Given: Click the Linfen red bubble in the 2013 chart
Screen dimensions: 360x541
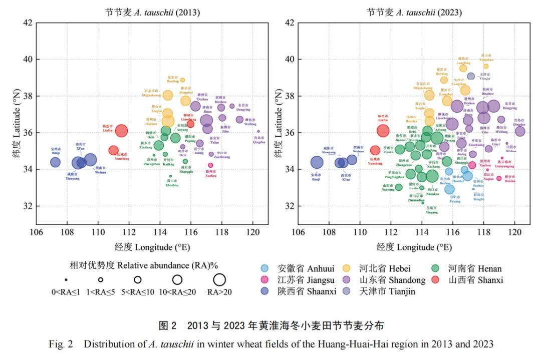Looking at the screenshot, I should click(x=121, y=131).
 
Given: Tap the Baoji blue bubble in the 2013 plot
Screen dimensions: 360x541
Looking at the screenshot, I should click(x=55, y=162).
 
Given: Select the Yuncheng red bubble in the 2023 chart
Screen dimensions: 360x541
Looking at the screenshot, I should click(x=375, y=150).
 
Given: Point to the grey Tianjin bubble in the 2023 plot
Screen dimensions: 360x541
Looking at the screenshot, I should click(x=471, y=77).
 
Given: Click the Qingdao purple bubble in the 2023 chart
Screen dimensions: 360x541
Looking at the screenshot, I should click(x=520, y=131).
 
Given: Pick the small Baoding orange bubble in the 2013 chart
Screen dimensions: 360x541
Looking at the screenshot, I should click(x=182, y=80).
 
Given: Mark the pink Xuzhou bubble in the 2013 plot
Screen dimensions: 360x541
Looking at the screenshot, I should click(x=210, y=165).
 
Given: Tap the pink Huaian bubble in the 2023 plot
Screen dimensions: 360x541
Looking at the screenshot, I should click(x=499, y=178).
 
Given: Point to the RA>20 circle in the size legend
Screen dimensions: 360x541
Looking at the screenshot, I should click(x=219, y=280).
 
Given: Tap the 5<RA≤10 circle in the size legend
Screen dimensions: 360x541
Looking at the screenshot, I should click(x=138, y=280).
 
